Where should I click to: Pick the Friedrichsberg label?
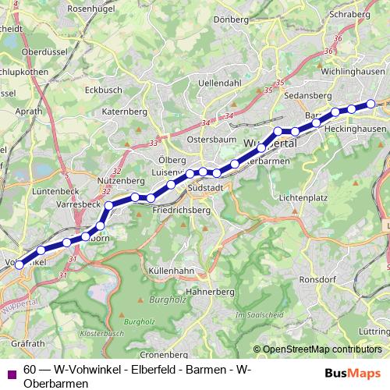pyautogui.click(x=182, y=211)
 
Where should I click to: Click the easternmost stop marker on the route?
pyautogui.click(x=371, y=104)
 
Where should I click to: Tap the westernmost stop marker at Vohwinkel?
pyautogui.click(x=19, y=264)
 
